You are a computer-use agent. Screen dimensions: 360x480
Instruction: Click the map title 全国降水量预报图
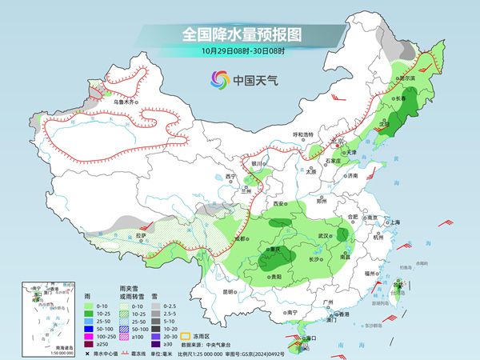239,35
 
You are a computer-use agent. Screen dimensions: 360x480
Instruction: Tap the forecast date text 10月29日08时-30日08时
239,53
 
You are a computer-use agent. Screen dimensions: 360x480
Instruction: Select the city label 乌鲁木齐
126,102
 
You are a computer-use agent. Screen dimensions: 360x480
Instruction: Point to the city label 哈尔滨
406,78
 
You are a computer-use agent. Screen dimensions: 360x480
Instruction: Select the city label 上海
394,222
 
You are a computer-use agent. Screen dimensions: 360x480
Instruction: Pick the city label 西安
279,205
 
